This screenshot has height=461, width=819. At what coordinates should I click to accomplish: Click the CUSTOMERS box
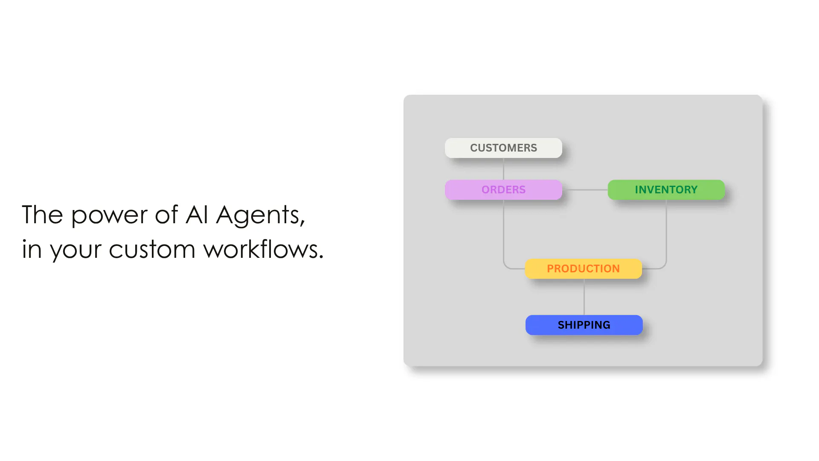[503, 148]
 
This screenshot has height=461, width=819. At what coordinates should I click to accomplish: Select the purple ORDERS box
[503, 190]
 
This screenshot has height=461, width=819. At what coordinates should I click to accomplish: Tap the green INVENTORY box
[666, 190]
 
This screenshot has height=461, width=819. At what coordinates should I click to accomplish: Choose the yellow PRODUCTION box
[583, 268]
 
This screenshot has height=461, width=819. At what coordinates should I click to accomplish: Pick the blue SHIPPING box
[584, 325]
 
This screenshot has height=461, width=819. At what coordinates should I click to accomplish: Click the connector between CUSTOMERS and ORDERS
[503, 169]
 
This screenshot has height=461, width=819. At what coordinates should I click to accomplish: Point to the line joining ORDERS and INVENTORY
[585, 190]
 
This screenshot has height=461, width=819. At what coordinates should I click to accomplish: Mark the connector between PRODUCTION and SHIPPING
[584, 297]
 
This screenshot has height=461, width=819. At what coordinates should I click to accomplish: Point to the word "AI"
[197, 214]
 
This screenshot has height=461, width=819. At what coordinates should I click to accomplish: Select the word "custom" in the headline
[152, 250]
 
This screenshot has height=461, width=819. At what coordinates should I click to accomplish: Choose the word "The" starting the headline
[42, 214]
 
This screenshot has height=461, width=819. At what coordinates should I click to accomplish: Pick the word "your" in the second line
[76, 251]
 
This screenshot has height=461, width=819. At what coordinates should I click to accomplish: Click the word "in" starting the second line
[32, 249]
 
